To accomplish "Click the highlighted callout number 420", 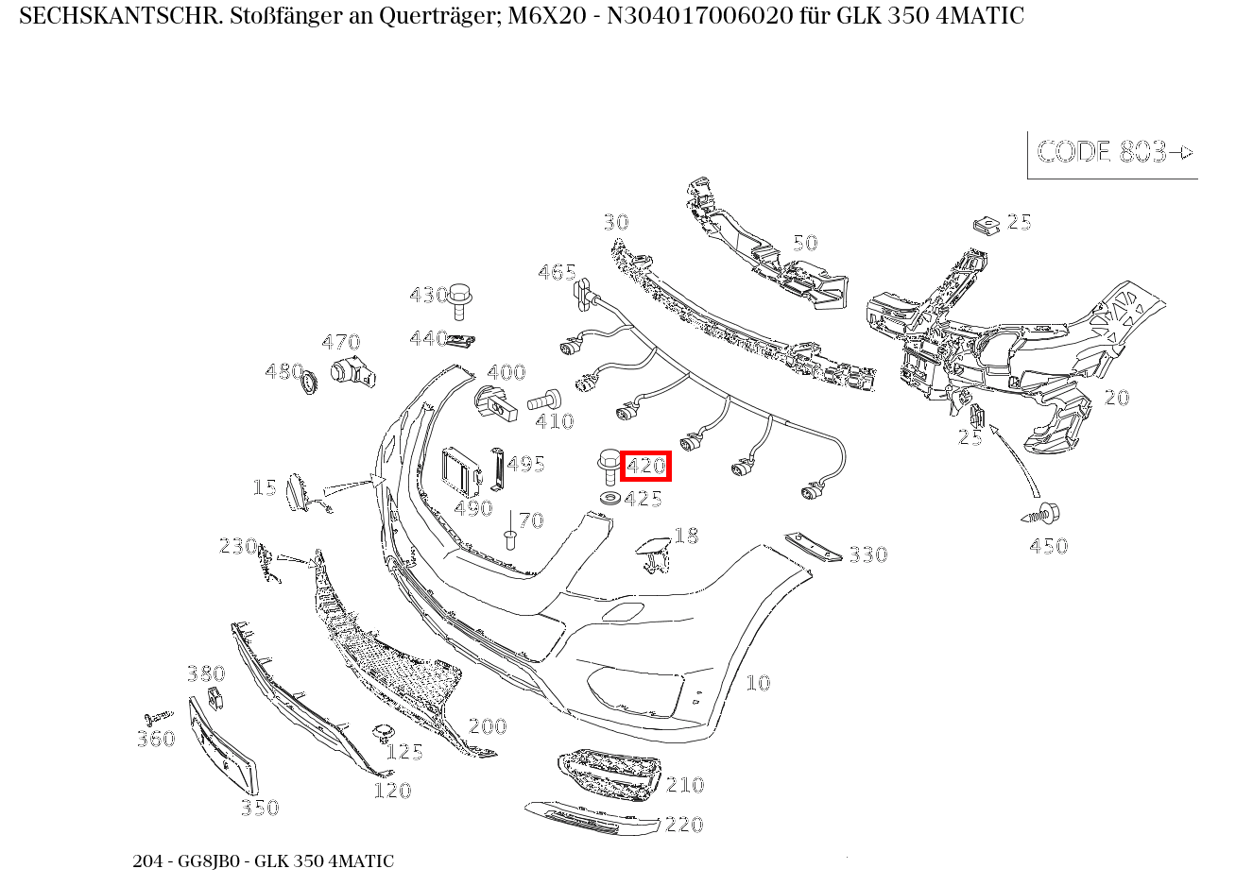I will point(646,466).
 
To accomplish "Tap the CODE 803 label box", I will point(1113,153).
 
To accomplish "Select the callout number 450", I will point(1048,546).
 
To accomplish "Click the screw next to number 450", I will point(1042,515).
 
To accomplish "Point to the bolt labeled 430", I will point(460,299).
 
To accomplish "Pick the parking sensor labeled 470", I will point(351,372).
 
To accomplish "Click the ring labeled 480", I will point(308,382).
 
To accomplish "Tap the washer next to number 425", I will point(610,497).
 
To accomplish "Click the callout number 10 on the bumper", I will point(758,683).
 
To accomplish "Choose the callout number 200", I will point(488,726).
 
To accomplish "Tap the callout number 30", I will point(616,222).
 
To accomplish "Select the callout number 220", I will point(684,825).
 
